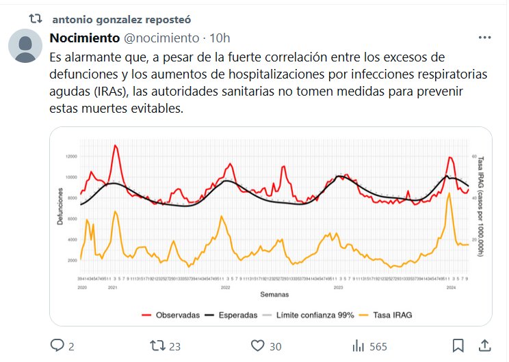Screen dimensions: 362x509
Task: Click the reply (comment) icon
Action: pos(57,346)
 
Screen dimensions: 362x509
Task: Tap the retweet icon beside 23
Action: pos(158,346)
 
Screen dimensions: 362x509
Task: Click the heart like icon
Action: pos(258,346)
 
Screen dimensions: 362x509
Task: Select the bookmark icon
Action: pos(458,346)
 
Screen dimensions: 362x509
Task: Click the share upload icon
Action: pos(484,346)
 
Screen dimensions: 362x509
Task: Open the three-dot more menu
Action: pos(484,38)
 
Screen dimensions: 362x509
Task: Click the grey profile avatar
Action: pos(26,46)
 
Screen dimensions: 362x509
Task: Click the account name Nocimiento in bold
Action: pos(85,38)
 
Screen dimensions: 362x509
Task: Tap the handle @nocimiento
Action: pos(162,38)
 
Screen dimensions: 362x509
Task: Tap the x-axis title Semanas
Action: pos(274,294)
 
